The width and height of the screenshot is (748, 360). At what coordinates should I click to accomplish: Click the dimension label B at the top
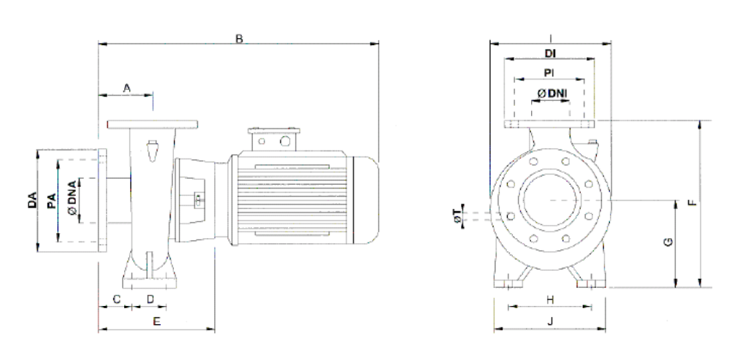click(238, 38)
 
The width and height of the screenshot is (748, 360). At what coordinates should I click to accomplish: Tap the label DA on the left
click(31, 200)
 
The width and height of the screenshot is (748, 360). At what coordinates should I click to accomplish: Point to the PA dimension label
click(51, 200)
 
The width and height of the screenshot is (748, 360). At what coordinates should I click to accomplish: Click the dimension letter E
click(156, 321)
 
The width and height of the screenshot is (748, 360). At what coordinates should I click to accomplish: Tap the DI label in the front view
click(552, 53)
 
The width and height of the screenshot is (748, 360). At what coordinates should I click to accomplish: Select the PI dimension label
click(552, 72)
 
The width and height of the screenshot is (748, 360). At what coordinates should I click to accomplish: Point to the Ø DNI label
click(553, 93)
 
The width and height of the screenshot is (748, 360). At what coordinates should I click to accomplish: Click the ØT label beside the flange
click(456, 216)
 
